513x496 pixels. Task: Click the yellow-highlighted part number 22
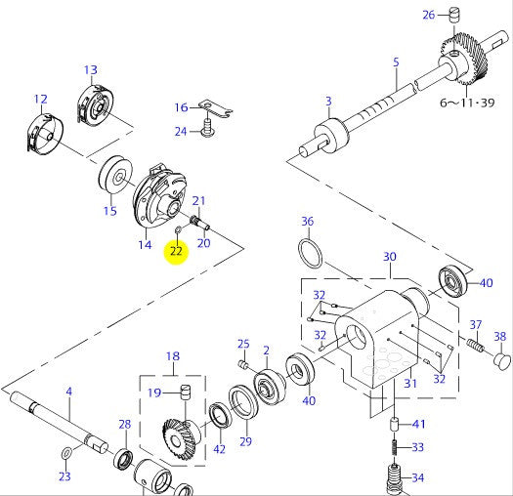(x=176, y=251)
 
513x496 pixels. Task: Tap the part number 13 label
(x=91, y=69)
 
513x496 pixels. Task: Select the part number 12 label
(x=40, y=99)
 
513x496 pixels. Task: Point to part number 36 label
(x=307, y=221)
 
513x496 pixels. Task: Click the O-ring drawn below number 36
(x=312, y=253)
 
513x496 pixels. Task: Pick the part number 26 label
(x=428, y=14)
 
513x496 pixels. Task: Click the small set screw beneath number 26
(x=453, y=13)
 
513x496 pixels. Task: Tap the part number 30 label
(x=389, y=257)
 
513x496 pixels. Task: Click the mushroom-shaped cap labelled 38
(x=500, y=360)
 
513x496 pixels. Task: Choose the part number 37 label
(x=476, y=324)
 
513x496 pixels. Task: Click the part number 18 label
(x=173, y=356)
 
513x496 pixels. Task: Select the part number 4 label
(x=68, y=392)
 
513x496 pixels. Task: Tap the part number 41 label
(x=419, y=424)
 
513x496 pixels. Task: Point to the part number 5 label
(x=396, y=62)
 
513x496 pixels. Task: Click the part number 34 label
(x=417, y=477)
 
